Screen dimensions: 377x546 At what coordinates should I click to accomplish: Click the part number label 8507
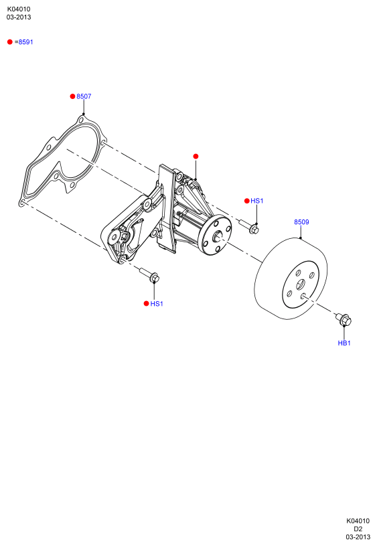coord(84,96)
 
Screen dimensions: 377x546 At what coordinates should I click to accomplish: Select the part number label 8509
coord(301,222)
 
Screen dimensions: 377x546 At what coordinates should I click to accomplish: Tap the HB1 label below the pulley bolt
coord(344,343)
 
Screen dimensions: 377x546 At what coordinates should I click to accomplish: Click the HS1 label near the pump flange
coord(256,201)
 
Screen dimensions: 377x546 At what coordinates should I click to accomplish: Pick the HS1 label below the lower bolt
coord(157,304)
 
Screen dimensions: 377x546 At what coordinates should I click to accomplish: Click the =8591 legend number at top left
coord(23,42)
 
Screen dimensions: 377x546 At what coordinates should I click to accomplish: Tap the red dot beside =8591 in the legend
coord(10,41)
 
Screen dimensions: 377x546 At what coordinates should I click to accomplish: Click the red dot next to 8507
coord(72,96)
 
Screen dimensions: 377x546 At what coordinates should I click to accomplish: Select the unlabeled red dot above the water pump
coord(196,157)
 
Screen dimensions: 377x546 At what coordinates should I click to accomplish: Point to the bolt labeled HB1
coord(344,319)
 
